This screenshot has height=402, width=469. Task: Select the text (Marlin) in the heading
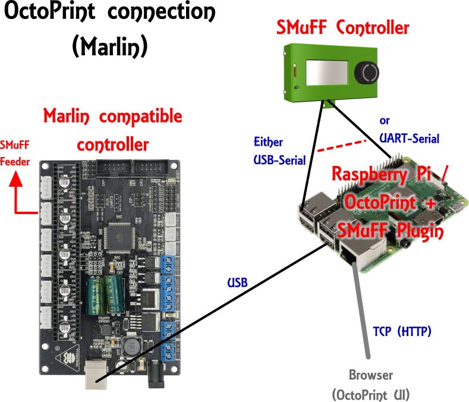[109, 46]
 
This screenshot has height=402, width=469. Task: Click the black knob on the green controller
[367, 73]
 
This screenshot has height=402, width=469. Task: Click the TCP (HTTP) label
[402, 330]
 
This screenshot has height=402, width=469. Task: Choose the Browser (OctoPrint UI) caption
[370, 384]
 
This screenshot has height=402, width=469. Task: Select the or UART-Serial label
[409, 130]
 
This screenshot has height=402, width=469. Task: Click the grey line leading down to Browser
[363, 315]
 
